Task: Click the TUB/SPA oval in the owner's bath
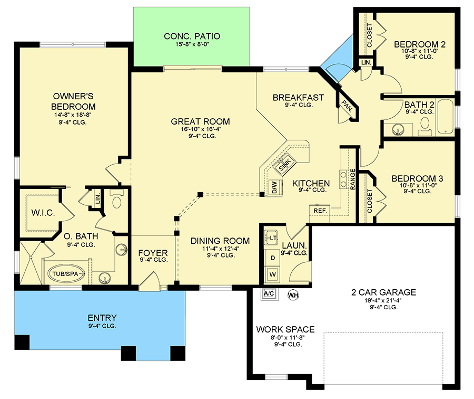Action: pyautogui.click(x=66, y=274)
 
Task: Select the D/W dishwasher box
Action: pyautogui.click(x=275, y=187)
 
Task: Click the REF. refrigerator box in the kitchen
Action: pyautogui.click(x=320, y=211)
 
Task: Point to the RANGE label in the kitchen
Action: pyautogui.click(x=352, y=179)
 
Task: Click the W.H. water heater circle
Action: pyautogui.click(x=293, y=295)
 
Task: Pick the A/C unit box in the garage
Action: pyautogui.click(x=269, y=293)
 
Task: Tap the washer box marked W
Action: pyautogui.click(x=273, y=275)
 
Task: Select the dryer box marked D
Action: pyautogui.click(x=273, y=258)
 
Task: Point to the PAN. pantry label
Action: pyautogui.click(x=347, y=106)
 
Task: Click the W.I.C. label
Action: pyautogui.click(x=43, y=213)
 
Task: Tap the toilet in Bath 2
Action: pyautogui.click(x=425, y=126)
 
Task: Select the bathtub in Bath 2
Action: pyautogui.click(x=445, y=116)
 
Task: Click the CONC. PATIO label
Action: pyautogui.click(x=192, y=36)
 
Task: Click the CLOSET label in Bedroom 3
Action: pyautogui.click(x=369, y=201)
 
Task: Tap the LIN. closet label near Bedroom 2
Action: pyautogui.click(x=366, y=63)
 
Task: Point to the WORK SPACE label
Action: pyautogui.click(x=285, y=329)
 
